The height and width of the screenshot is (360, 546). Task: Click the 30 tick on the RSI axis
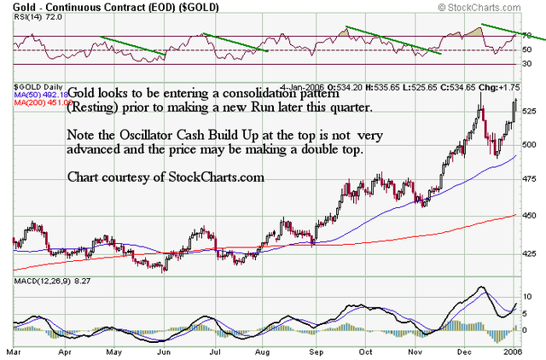tap(527, 63)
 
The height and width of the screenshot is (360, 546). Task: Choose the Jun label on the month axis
tap(168, 350)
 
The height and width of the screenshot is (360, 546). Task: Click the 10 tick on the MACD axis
tap(527, 296)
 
